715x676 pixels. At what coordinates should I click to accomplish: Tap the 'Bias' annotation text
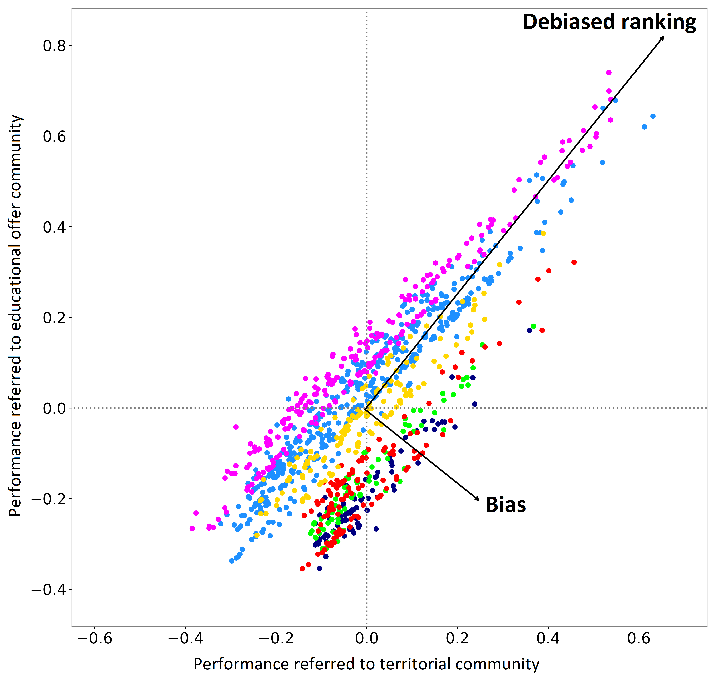tap(506, 505)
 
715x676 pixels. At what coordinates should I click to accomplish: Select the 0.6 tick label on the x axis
tap(639, 639)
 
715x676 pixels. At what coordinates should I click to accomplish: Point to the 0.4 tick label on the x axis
tap(548, 639)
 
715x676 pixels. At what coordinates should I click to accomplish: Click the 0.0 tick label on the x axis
tap(367, 639)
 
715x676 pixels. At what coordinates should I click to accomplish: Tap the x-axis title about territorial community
tap(366, 664)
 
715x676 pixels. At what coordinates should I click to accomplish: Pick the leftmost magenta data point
tap(192, 528)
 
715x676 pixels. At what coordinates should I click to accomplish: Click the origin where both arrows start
tap(365, 409)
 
